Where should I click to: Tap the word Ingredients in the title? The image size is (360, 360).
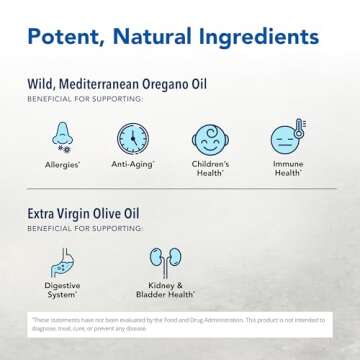[250, 40]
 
